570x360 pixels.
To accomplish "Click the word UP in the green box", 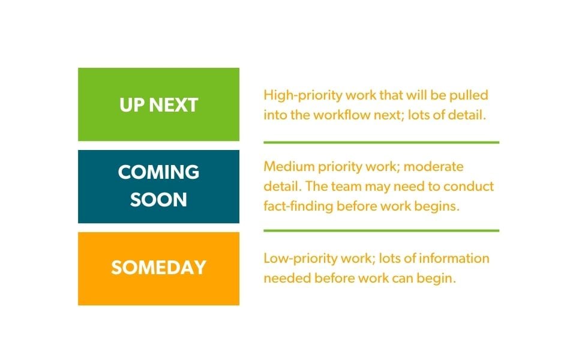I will click(132, 105).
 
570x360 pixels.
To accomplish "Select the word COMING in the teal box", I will click(158, 172).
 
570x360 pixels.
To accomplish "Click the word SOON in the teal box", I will click(158, 200).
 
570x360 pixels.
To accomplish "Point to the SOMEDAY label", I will click(158, 268).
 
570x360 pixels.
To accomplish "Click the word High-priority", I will click(295, 95).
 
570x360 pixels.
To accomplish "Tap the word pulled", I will click(470, 95).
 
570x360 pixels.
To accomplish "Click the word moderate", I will click(435, 166).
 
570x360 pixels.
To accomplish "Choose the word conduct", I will click(470, 186).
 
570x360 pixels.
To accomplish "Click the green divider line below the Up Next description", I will click(381, 142).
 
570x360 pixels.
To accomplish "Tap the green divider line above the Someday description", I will click(381, 230).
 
